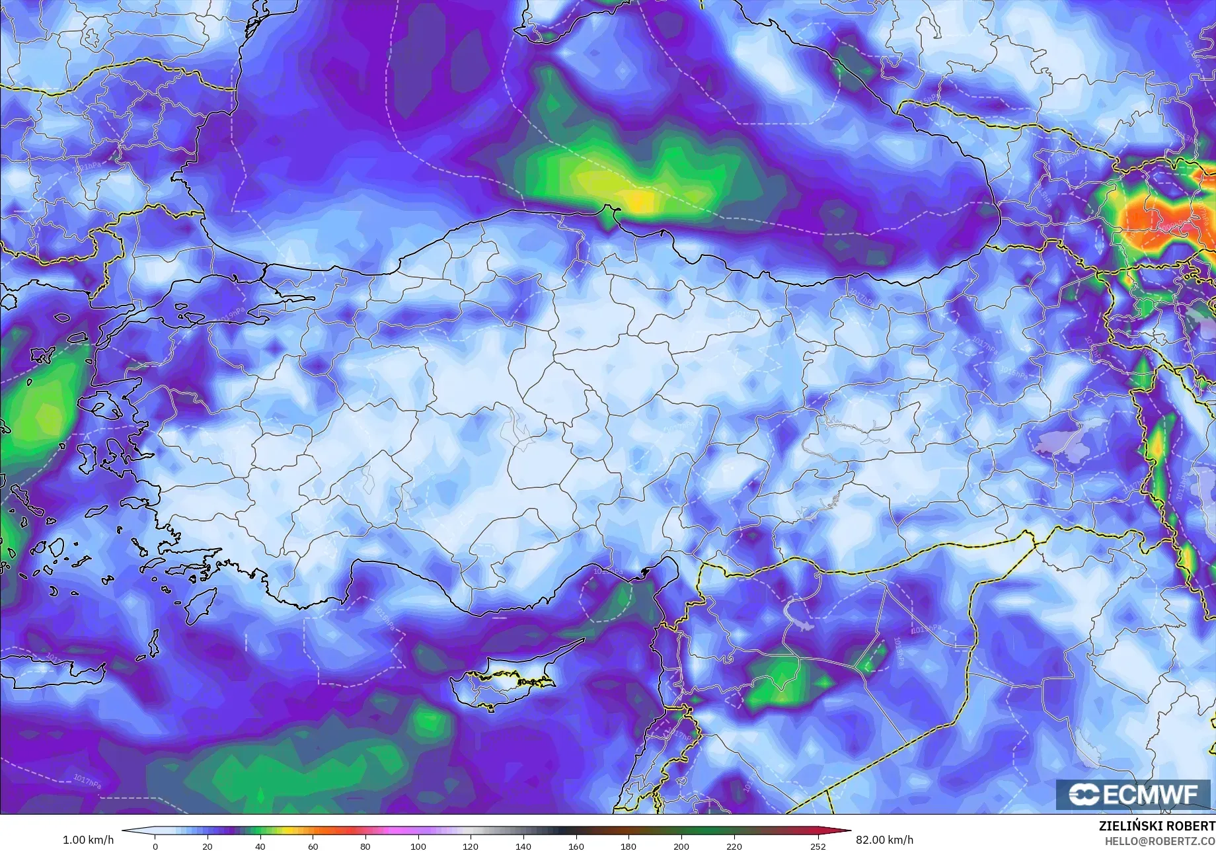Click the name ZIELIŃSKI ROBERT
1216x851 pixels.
coord(1157,826)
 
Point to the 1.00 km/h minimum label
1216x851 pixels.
coord(88,840)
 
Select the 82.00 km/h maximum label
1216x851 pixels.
coord(885,840)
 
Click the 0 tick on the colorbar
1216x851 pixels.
coord(155,846)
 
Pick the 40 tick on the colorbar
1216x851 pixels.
coord(260,846)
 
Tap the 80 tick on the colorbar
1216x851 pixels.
coord(365,846)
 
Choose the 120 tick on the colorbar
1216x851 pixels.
coord(471,846)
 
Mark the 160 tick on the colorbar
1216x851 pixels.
coord(576,846)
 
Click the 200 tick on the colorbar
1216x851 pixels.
coord(681,846)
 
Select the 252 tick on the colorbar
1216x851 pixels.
coord(818,846)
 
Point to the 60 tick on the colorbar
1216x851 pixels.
coord(313,846)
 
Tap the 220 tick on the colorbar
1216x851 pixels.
coord(734,846)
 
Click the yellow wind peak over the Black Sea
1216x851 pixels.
coord(638,198)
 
